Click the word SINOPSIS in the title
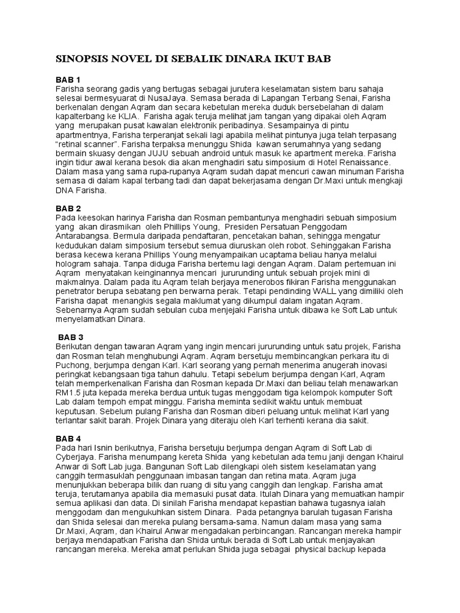click(78, 60)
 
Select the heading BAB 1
click(68, 80)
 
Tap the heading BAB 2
click(68, 208)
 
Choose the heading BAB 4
click(68, 439)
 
